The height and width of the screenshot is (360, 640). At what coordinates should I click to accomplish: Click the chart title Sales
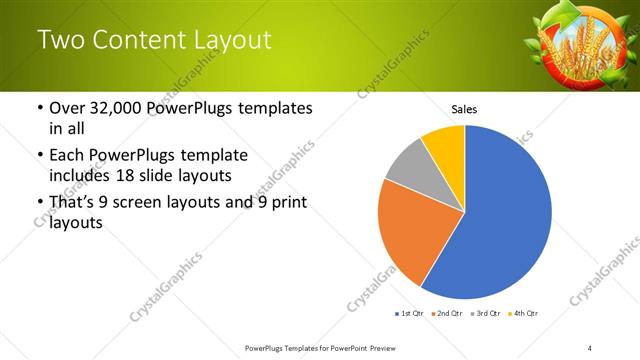coord(464,108)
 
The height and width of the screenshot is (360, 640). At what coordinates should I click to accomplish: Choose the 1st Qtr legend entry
coord(410,313)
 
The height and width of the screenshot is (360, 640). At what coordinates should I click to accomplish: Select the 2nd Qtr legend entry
coord(447,313)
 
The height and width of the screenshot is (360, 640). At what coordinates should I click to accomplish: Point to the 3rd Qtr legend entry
coord(484,313)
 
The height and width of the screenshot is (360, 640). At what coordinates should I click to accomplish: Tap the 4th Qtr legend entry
coord(522,313)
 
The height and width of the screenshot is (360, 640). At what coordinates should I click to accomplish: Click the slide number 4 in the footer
coord(590,347)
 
